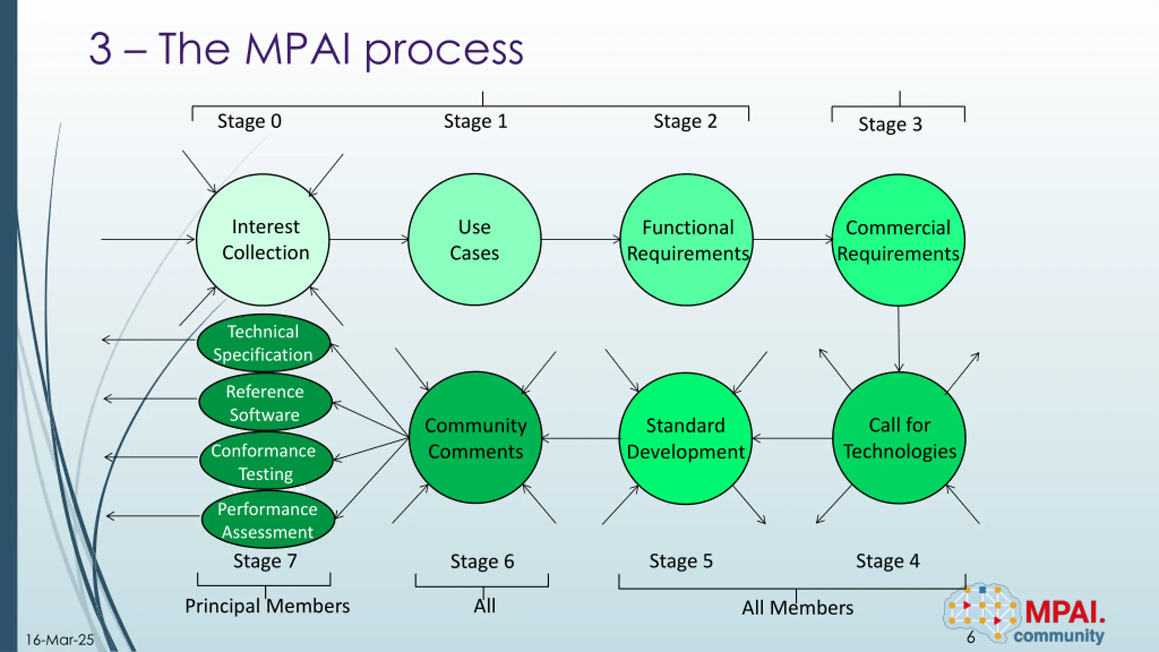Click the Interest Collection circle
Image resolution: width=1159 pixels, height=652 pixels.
tap(263, 240)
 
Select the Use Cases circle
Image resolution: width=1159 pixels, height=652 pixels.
tap(474, 240)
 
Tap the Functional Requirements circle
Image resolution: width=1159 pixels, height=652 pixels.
tap(686, 240)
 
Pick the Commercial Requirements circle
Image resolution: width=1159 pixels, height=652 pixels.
tap(899, 240)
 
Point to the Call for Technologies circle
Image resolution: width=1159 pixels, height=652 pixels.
tap(899, 438)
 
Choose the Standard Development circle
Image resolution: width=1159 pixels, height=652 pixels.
tap(685, 438)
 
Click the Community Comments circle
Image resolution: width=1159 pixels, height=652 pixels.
tap(475, 438)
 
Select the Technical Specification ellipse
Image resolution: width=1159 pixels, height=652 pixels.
tap(263, 343)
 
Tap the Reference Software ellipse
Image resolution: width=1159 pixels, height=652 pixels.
tap(265, 403)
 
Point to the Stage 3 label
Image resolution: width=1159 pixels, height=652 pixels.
tap(890, 125)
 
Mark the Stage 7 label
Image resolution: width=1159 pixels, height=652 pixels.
tap(265, 561)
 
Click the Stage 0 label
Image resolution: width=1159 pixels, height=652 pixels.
tap(249, 121)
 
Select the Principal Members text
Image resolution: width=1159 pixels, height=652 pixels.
tap(267, 606)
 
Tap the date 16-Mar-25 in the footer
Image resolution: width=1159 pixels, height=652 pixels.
tap(60, 640)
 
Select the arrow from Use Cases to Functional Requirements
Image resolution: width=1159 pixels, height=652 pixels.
tap(580, 240)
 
